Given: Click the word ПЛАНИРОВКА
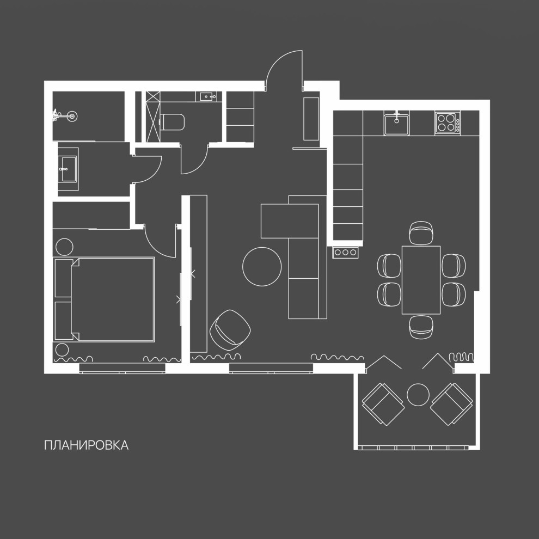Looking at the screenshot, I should click(x=86, y=445).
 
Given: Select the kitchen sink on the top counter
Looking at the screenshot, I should click(x=396, y=123).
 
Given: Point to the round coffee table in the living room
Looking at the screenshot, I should click(x=262, y=266).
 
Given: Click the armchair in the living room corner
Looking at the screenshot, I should click(x=230, y=329).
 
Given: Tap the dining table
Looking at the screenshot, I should click(x=421, y=280).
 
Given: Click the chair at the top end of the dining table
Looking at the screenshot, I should click(x=421, y=233).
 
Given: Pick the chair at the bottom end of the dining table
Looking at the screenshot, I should click(x=421, y=326).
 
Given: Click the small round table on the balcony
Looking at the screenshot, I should click(x=418, y=394).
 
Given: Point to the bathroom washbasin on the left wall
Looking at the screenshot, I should click(x=68, y=169).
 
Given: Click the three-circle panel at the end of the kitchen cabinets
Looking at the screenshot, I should click(x=346, y=252).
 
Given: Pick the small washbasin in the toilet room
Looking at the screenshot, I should click(x=208, y=97).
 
